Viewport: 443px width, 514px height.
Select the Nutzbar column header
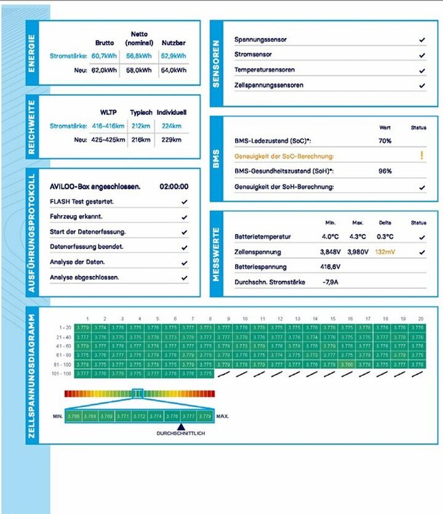pos(174,43)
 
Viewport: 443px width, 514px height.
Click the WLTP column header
pos(109,113)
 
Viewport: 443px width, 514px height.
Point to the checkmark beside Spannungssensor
pos(422,39)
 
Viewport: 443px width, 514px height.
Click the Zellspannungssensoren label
pos(268,85)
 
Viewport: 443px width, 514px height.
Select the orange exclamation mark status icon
pos(422,156)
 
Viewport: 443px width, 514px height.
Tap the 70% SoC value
pos(385,141)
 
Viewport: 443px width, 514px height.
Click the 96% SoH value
pos(385,171)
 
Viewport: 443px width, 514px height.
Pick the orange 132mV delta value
pos(385,252)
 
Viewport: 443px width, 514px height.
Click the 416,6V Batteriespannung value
pos(330,267)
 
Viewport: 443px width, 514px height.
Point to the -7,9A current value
pos(330,283)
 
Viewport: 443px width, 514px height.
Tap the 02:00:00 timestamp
pos(174,186)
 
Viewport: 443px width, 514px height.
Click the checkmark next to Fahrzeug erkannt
pos(185,216)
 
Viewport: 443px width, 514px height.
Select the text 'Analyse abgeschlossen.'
pos(84,277)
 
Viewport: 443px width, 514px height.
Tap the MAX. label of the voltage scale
pos(223,416)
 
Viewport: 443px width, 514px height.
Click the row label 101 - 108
pos(62,373)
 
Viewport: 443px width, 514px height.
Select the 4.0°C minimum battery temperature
pos(330,237)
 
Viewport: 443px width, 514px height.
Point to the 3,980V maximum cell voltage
pos(358,252)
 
